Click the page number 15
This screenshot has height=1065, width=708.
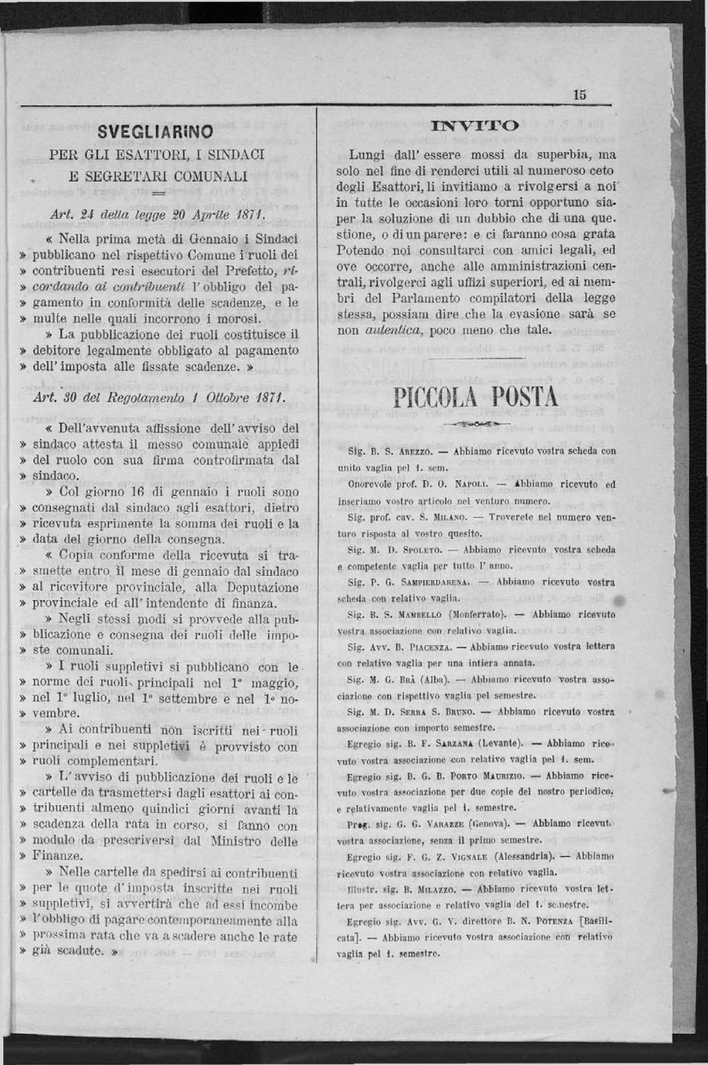click(580, 94)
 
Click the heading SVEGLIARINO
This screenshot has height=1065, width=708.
click(155, 131)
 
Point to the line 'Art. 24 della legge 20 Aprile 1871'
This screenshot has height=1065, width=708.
click(157, 214)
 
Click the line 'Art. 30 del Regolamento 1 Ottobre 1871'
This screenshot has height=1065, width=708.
click(156, 395)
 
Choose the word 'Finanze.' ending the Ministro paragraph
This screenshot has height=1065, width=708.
click(57, 855)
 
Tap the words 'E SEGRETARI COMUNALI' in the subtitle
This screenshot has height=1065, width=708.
click(158, 175)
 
